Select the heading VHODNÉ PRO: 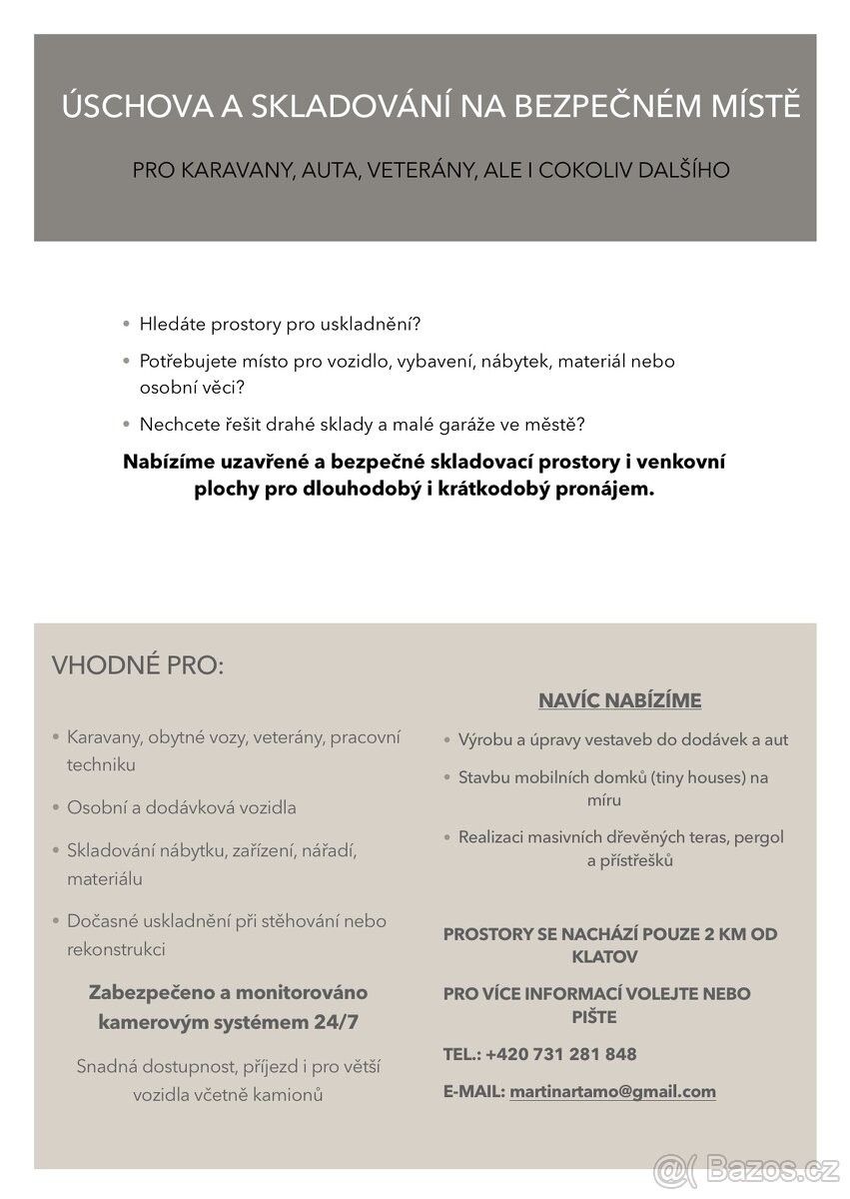coord(138,665)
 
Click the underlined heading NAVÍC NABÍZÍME coord(619,700)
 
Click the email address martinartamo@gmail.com coord(612,1092)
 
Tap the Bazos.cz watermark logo coord(746,1168)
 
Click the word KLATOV coord(604,956)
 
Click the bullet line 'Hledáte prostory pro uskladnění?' coord(281,325)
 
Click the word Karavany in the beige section coord(104,737)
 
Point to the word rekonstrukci coord(116,949)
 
